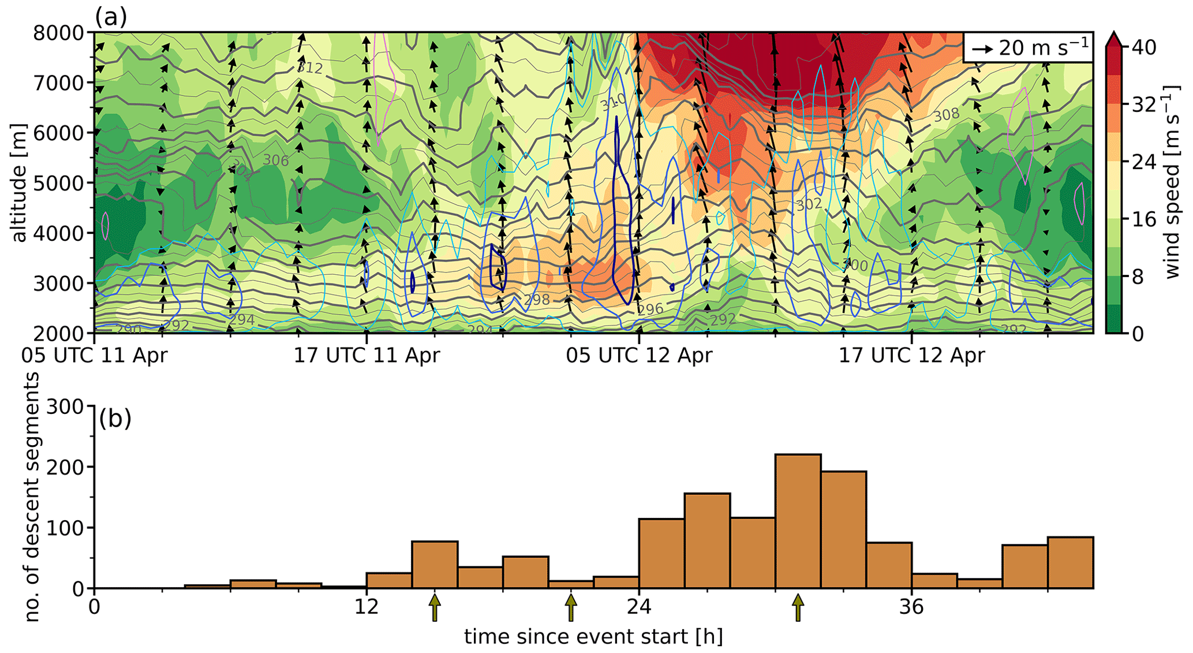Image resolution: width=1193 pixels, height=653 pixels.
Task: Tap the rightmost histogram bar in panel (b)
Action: (1070, 562)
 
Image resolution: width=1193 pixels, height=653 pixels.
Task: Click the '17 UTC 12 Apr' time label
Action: (911, 355)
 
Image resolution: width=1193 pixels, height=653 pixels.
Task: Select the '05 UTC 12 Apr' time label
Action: (639, 355)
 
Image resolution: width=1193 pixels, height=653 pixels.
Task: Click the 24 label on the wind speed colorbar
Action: (1144, 162)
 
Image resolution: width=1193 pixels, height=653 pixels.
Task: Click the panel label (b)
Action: (115, 418)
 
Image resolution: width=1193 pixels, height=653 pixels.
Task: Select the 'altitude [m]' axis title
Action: (18, 183)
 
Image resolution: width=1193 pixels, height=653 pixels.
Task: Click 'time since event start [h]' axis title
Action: (593, 636)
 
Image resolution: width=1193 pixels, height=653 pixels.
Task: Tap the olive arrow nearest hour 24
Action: (571, 607)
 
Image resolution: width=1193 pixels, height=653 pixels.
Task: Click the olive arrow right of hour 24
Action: (798, 607)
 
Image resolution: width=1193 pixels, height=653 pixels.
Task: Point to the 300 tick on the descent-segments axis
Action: (69, 407)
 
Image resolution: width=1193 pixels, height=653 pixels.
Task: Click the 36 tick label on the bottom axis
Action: (911, 607)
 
